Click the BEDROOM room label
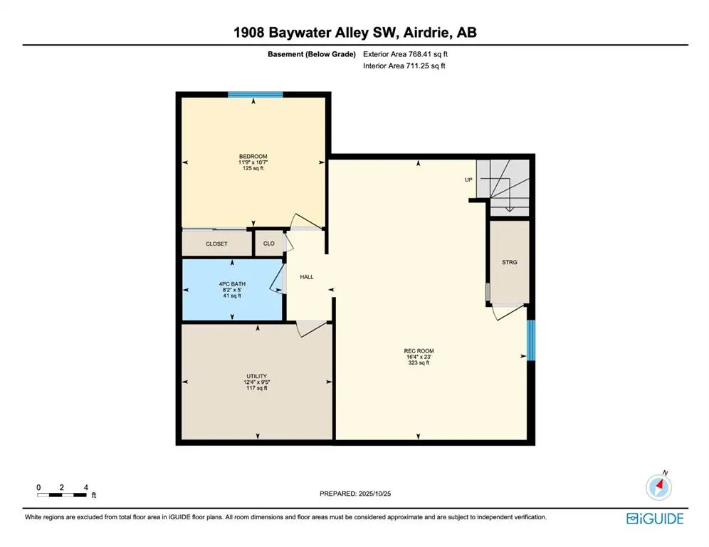pos(253,156)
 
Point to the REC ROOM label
pos(419,350)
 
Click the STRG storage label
pos(509,262)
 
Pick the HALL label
pos(307,277)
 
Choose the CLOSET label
pos(216,244)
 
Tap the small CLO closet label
pos(268,244)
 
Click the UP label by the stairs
pos(468,179)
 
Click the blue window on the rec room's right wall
pos(530,340)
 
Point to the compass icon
pos(658,487)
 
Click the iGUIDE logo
pos(654,518)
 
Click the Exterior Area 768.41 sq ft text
pos(406,54)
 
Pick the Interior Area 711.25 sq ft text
pos(404,66)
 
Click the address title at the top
pos(354,33)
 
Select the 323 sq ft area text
pos(419,363)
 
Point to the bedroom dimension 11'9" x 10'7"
pos(253,162)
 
